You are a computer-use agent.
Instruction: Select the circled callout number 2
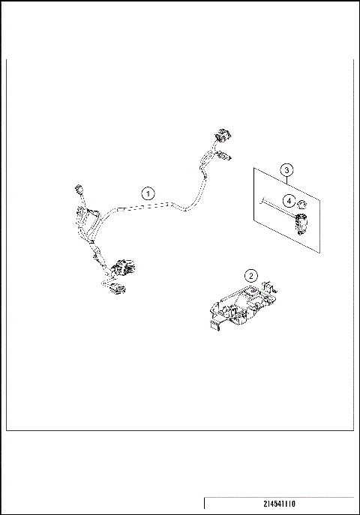pos(253,275)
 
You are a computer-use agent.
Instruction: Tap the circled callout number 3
pos(286,169)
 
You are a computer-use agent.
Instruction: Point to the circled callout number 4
pos(287,200)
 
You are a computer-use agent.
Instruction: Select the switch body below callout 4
pos(303,223)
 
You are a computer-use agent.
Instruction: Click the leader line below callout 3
pos(286,183)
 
